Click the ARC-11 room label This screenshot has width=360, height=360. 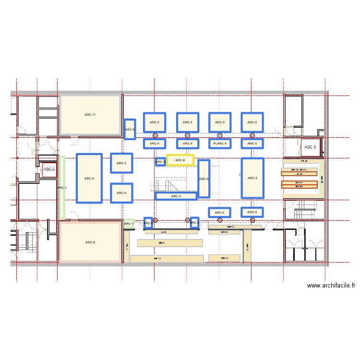point(90,115)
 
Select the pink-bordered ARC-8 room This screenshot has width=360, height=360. point(90,242)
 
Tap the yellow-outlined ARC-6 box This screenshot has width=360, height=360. point(180,160)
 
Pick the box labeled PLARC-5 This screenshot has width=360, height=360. point(219,144)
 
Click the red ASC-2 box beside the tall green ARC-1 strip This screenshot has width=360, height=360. point(49,169)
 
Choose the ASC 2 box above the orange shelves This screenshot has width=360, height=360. point(310,146)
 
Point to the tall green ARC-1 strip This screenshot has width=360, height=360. point(61,187)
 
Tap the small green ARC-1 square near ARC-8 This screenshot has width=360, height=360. point(129,224)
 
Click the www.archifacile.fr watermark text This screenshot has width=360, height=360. point(331,286)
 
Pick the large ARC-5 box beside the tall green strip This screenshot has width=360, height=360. point(89,179)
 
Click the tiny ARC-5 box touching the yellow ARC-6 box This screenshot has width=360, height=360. point(161,162)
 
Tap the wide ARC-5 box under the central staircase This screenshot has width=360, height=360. point(176,196)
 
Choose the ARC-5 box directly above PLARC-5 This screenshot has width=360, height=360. point(219,122)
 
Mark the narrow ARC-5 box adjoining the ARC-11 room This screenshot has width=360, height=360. point(130,129)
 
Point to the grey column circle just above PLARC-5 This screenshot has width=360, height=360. point(219,135)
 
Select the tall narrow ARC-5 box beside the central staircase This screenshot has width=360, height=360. point(204,179)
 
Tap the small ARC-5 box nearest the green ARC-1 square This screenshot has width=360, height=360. point(148,222)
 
